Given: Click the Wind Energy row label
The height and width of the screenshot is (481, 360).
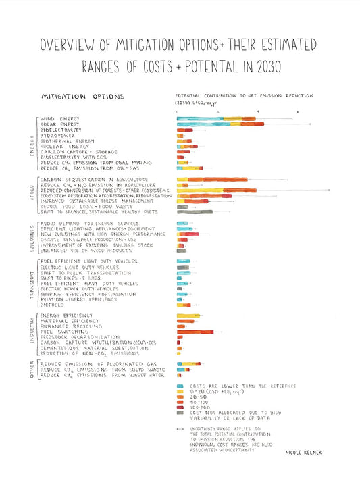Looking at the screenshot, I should click(59, 119).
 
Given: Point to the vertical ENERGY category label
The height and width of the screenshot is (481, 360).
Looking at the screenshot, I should click(31, 144).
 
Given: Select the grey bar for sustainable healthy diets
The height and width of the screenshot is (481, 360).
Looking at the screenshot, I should click(195, 211).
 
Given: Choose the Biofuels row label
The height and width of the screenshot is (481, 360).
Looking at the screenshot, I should click(52, 304).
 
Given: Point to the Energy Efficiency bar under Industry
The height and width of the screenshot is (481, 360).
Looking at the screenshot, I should click(189, 315).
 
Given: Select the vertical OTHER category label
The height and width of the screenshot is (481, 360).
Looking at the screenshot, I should click(31, 370).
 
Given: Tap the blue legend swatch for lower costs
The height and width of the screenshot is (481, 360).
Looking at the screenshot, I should click(180, 386).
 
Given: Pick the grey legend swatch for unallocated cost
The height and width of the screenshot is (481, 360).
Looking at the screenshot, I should click(180, 413).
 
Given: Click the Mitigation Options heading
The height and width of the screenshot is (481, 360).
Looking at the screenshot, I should click(82, 97).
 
